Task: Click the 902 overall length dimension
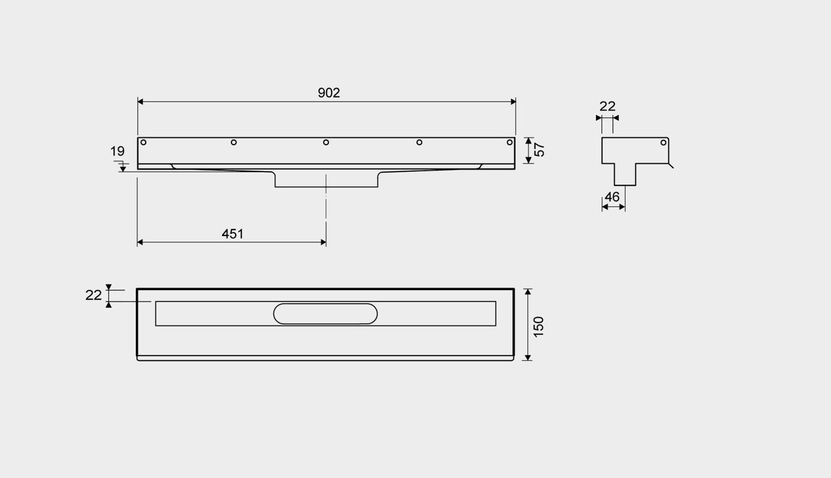pyautogui.click(x=329, y=93)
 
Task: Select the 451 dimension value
pyautogui.click(x=232, y=234)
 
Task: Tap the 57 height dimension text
pyautogui.click(x=539, y=150)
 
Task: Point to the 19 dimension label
pyautogui.click(x=117, y=151)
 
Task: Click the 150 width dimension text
pyautogui.click(x=538, y=327)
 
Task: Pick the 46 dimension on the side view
pyautogui.click(x=612, y=197)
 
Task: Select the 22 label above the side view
pyautogui.click(x=607, y=106)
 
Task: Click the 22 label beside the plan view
pyautogui.click(x=93, y=295)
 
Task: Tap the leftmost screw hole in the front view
pyautogui.click(x=143, y=142)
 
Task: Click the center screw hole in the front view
pyautogui.click(x=326, y=142)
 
